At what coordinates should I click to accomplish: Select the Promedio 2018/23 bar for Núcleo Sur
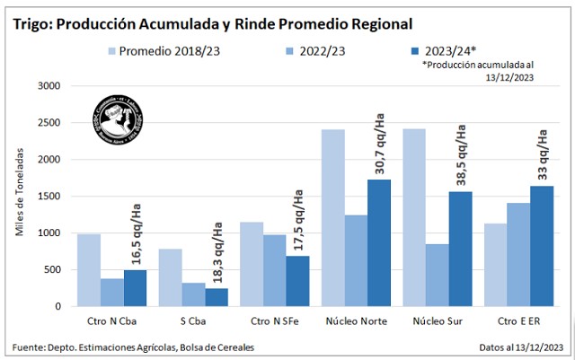(x=415, y=217)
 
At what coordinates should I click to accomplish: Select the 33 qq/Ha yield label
(x=543, y=155)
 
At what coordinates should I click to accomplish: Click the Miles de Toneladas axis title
(x=19, y=197)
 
